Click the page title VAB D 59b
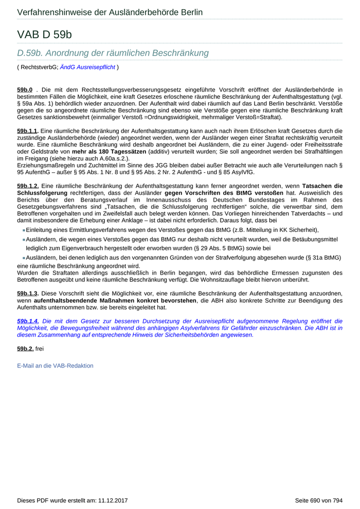pos(44,34)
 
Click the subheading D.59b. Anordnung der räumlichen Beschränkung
pos(113,53)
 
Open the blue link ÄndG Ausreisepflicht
pos(87,67)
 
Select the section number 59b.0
pos(25,90)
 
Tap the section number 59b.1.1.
pos(28,131)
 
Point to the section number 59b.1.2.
pos(28,186)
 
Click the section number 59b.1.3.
pos(28,294)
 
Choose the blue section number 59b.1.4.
pos(28,321)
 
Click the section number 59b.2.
pos(25,349)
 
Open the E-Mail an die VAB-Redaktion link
pos(55,366)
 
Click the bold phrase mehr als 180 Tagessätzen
pos(110,152)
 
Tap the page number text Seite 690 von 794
pos(318,500)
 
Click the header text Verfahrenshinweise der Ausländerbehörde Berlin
pos(110,12)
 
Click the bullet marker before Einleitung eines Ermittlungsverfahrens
pos(24,230)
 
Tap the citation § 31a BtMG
pos(321,257)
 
